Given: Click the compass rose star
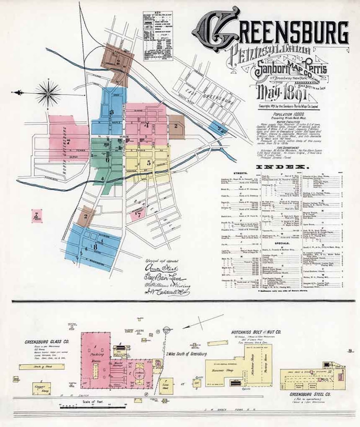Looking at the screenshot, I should click(x=48, y=93).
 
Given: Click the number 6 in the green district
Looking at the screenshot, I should click(x=107, y=160).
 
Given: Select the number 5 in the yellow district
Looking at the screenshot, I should click(x=148, y=163).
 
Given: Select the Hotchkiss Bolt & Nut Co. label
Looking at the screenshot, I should click(x=256, y=333).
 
